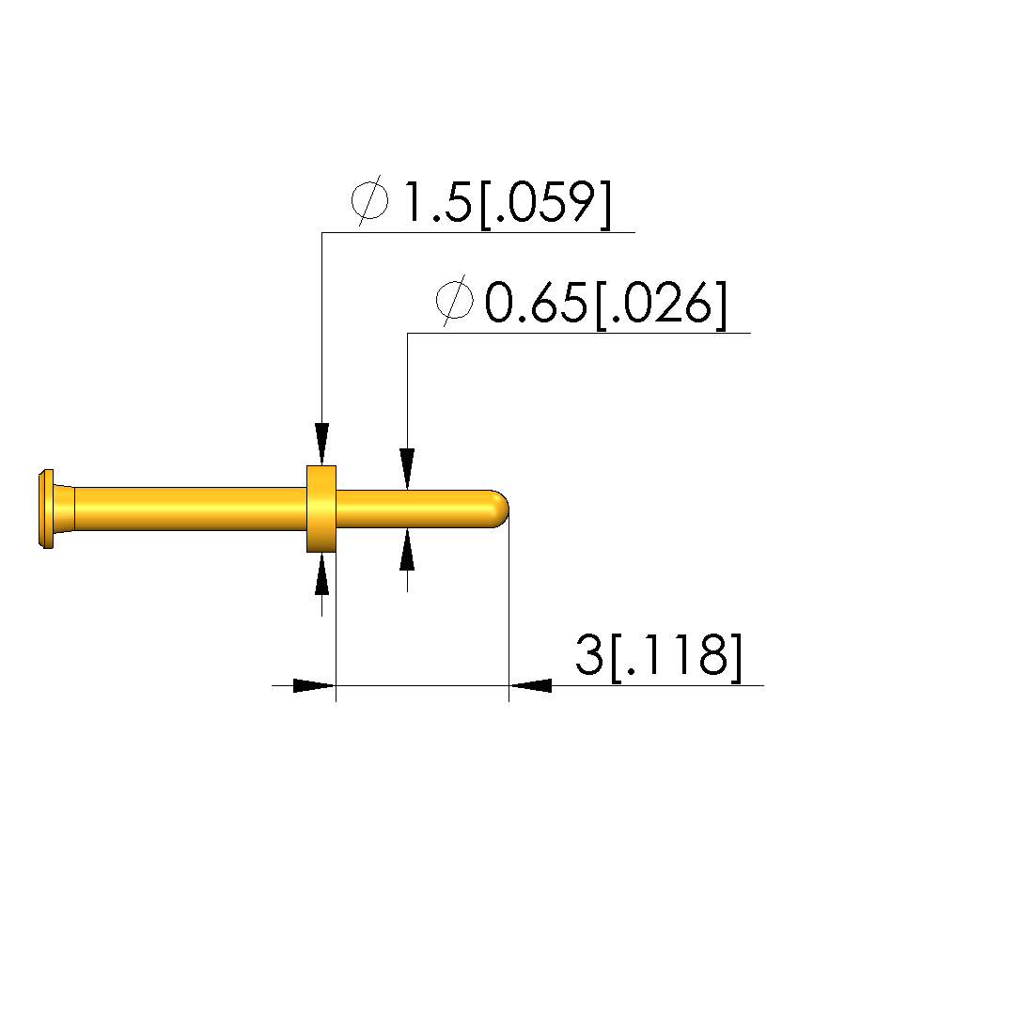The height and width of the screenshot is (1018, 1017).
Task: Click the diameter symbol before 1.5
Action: pyautogui.click(x=370, y=200)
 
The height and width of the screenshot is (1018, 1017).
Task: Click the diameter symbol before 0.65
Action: pyautogui.click(x=454, y=301)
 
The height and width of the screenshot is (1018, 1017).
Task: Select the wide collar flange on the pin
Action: pyautogui.click(x=321, y=509)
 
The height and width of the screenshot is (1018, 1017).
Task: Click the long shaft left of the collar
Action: pyautogui.click(x=190, y=509)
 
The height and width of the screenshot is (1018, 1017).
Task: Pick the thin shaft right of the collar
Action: pyautogui.click(x=415, y=509)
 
